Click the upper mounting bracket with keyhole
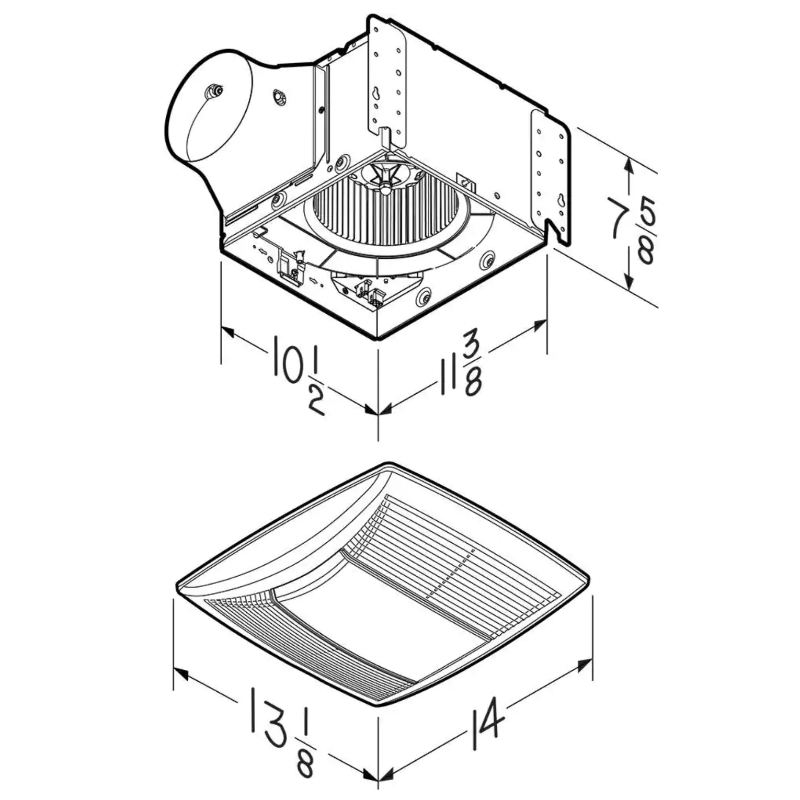pos(387,82)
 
